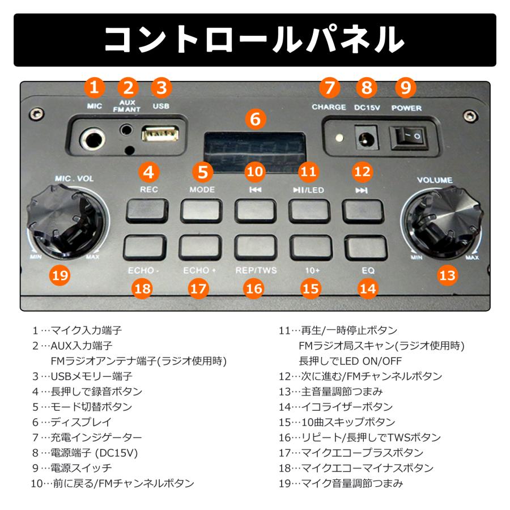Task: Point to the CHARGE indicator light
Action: point(339,138)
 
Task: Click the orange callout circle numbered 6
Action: point(256,120)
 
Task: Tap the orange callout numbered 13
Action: point(447,275)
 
